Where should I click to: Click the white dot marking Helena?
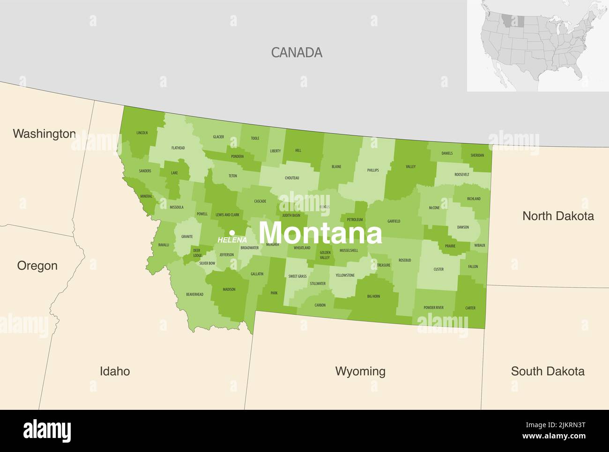[x=232, y=232]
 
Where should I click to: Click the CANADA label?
[x=297, y=52]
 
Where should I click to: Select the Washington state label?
[x=44, y=134]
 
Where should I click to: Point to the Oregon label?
[x=37, y=266]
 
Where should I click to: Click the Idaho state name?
[x=115, y=371]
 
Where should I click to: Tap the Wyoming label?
[x=360, y=371]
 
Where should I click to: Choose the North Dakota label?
[x=558, y=216]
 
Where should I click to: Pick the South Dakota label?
[x=547, y=371]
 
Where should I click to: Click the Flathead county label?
[x=178, y=148]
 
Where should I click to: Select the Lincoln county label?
[x=142, y=133]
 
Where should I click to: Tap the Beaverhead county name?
[x=194, y=295]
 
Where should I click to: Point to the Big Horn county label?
[x=373, y=296]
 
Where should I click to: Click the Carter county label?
[x=470, y=308]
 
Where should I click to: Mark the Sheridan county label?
[x=477, y=156]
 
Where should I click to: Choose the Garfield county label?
[x=394, y=221]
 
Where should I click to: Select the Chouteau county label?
[x=292, y=178]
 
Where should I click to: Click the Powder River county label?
[x=433, y=308]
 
